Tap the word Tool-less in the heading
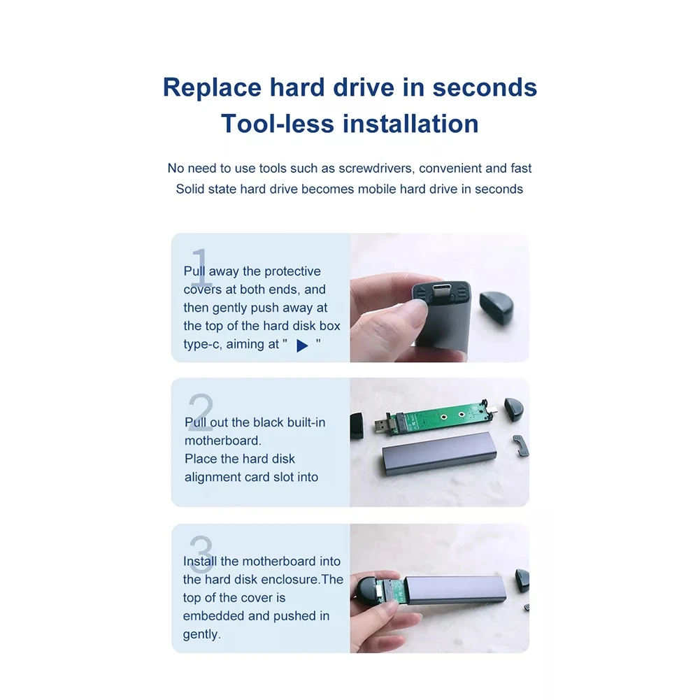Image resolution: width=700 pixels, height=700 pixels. [277, 124]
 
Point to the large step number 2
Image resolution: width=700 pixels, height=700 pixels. [201, 412]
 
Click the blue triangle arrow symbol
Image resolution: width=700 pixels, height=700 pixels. [302, 345]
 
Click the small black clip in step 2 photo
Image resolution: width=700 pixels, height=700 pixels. [520, 445]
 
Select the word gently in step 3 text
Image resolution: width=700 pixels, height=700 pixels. [201, 635]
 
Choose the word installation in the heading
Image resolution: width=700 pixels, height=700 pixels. [410, 124]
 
